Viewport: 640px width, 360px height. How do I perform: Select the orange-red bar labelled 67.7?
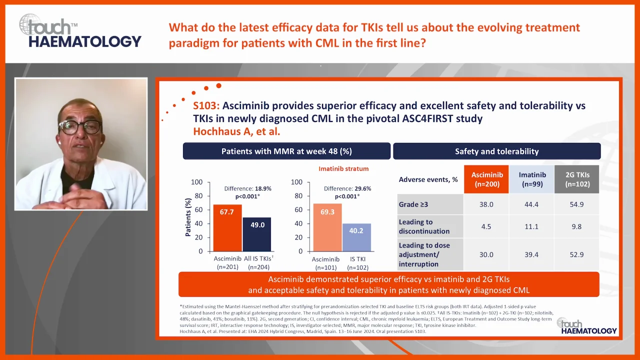(x=227, y=227)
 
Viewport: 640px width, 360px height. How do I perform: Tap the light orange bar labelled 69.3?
(x=327, y=227)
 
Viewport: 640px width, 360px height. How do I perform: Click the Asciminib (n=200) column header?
(x=487, y=179)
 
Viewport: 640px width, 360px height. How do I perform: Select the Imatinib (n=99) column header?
(x=531, y=179)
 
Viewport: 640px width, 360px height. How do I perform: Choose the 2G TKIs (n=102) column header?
(x=576, y=179)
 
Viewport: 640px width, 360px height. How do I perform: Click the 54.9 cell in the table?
(x=576, y=204)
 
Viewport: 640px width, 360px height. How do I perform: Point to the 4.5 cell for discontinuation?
(x=486, y=226)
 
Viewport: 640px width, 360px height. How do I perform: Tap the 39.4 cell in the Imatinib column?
(x=531, y=254)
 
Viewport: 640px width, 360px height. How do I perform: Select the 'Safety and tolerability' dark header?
(x=496, y=151)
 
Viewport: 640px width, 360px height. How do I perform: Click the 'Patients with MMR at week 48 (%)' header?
(x=286, y=151)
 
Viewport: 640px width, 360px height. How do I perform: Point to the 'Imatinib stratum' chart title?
(x=343, y=169)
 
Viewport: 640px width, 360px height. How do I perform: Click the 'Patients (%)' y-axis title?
(x=188, y=216)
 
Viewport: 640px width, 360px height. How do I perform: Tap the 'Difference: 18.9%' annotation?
(x=247, y=188)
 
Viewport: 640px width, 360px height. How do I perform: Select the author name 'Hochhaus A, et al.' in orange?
(x=236, y=132)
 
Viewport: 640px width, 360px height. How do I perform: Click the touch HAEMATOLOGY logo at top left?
(x=80, y=31)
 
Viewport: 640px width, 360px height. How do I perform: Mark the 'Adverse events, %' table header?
(x=428, y=179)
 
